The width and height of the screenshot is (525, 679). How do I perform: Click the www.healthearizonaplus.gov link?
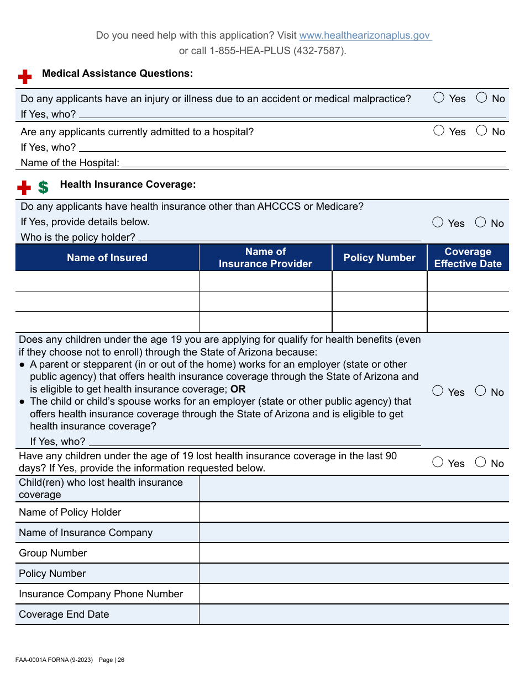click(x=365, y=35)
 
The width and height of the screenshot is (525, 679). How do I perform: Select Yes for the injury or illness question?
click(x=439, y=98)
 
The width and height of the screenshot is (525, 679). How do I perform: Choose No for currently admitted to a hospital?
click(x=482, y=131)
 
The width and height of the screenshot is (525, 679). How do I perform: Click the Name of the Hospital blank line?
click(x=313, y=163)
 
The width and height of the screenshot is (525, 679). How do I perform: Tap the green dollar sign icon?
click(x=43, y=187)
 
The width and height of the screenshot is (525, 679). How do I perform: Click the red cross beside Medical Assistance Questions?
click(x=25, y=76)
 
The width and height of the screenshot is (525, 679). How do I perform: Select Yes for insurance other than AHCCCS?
click(x=438, y=222)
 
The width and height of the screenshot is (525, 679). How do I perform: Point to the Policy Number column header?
click(x=379, y=258)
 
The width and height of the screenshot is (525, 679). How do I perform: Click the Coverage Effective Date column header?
click(x=468, y=258)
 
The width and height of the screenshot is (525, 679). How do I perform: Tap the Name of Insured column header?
click(x=107, y=258)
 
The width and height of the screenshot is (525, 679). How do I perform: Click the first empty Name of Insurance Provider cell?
click(x=265, y=281)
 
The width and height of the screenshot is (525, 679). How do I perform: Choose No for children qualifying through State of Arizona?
click(x=481, y=391)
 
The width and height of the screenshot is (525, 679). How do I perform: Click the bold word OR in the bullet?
click(x=238, y=389)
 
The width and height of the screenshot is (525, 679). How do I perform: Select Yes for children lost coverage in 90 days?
click(x=438, y=463)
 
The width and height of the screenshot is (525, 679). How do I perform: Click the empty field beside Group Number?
click(x=354, y=553)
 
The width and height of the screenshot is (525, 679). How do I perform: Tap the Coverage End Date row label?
click(x=64, y=614)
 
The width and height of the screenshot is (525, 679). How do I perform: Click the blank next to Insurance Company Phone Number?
click(x=354, y=594)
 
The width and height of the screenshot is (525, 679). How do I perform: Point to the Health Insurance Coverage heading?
click(x=128, y=184)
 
